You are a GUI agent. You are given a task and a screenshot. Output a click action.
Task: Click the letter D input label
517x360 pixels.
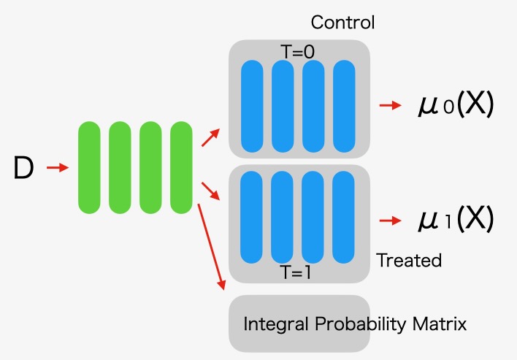(24, 169)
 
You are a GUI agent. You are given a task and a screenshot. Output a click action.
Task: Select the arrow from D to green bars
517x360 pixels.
(57, 168)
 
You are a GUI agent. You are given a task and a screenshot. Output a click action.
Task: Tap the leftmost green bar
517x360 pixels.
(89, 168)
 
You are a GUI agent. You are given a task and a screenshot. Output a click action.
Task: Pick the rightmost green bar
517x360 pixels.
(181, 168)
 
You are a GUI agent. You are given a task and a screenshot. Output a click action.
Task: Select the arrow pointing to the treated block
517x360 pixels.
(210, 191)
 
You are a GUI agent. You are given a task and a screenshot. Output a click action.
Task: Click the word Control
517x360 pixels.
(342, 23)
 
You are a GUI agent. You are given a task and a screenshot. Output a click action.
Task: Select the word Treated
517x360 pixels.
(409, 260)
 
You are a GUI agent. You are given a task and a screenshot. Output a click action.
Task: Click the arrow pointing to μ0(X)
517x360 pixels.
(390, 105)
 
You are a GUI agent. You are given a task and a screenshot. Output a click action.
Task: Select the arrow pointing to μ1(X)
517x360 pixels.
(390, 219)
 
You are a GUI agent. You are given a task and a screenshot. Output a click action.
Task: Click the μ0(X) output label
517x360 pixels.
(456, 105)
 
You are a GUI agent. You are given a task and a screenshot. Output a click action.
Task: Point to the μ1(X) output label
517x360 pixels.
(456, 219)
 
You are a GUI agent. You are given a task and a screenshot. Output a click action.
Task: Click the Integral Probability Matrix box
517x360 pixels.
(299, 323)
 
